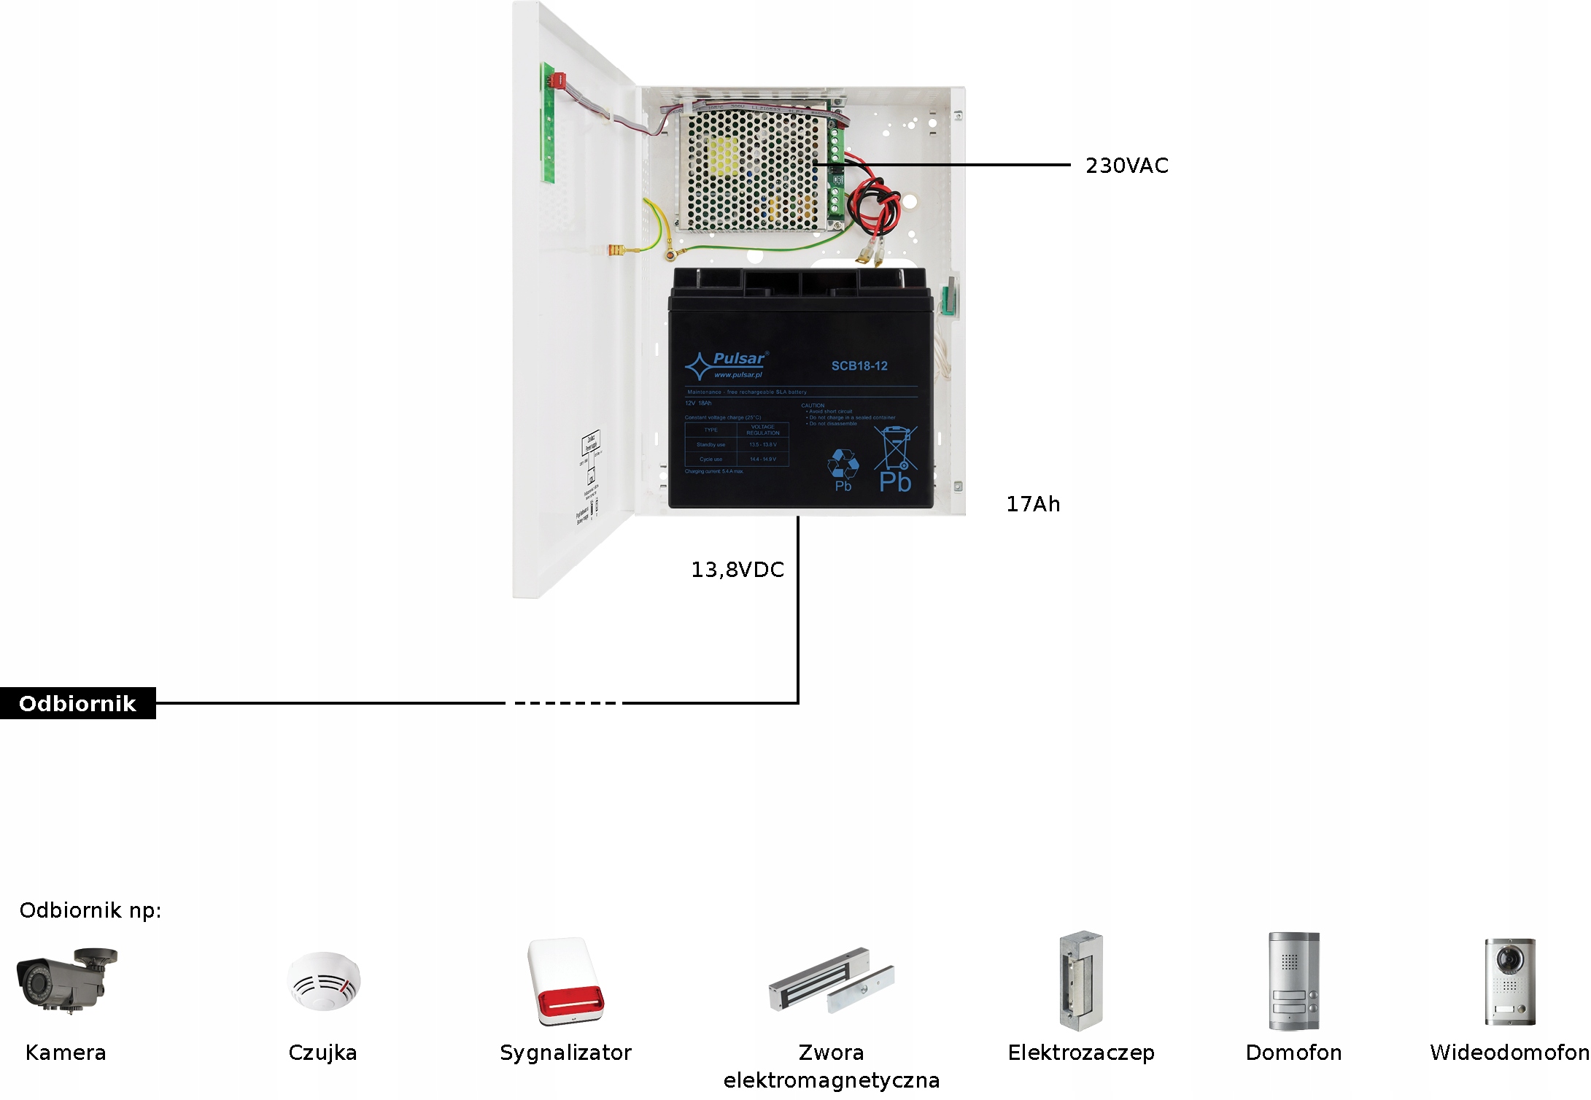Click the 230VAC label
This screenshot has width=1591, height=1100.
point(1126,166)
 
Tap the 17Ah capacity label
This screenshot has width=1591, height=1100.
point(1033,504)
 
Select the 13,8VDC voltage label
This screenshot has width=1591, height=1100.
point(737,570)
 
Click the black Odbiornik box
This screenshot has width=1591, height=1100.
point(77,703)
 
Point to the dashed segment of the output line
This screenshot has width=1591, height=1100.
point(565,703)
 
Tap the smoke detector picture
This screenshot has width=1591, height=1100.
point(323,981)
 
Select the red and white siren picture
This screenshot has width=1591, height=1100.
point(566,982)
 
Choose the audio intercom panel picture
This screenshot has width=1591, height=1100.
point(1293,981)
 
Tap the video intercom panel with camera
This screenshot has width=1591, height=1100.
point(1509,981)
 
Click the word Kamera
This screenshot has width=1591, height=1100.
point(66,1053)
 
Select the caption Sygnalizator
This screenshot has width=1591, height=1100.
point(565,1053)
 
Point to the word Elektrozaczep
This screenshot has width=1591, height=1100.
point(1081,1053)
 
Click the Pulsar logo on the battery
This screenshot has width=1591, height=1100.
point(727,365)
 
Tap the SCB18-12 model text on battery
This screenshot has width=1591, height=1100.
point(859,366)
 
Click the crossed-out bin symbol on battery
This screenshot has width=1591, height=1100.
point(896,449)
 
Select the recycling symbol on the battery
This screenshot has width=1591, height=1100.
point(843,464)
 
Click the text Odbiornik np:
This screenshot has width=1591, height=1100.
point(90,910)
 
